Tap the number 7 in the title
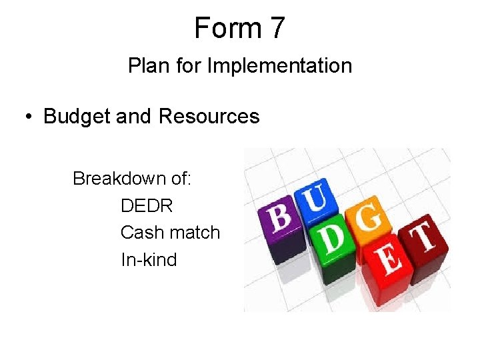pyautogui.click(x=277, y=28)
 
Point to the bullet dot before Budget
pyautogui.click(x=27, y=117)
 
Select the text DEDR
pyautogui.click(x=147, y=206)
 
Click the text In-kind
pyautogui.click(x=149, y=259)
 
